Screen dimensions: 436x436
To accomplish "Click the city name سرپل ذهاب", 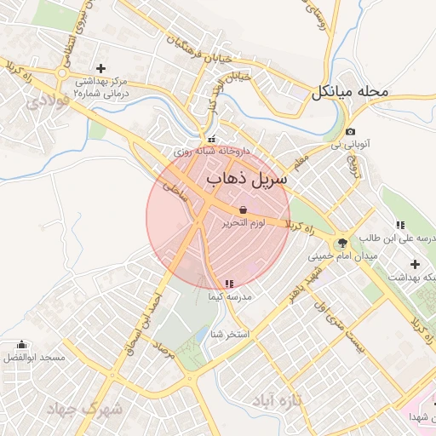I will (x=247, y=180).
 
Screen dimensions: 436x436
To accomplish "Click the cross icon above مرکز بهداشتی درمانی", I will (x=101, y=68).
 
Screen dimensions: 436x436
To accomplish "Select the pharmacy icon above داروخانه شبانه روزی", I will (x=211, y=140).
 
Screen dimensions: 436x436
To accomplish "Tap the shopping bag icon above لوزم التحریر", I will (x=244, y=209).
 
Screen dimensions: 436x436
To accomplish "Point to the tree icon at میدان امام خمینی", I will (x=342, y=243).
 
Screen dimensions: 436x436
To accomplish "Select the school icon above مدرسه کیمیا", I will (x=229, y=284).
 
